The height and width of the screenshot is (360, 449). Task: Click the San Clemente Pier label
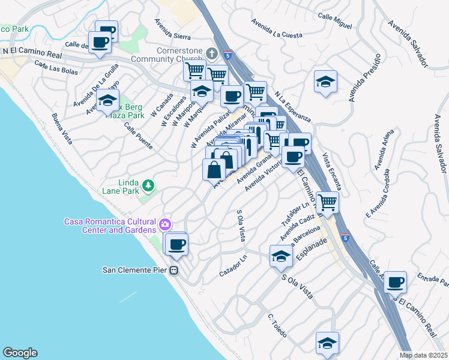tap(136, 269)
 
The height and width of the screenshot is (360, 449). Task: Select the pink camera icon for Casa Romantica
tap(164, 226)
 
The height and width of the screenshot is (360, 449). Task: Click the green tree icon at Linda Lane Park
tap(148, 188)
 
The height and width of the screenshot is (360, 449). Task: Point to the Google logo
tap(20, 353)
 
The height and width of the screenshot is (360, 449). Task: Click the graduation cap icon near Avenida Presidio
tap(325, 83)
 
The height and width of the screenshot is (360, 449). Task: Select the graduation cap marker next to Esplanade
tap(281, 256)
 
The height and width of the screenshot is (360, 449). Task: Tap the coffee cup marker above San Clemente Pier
tap(176, 244)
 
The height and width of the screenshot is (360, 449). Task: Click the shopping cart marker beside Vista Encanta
tap(328, 202)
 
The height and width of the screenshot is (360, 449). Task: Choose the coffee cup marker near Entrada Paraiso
tap(395, 281)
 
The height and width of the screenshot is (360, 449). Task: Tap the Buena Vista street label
tap(62, 129)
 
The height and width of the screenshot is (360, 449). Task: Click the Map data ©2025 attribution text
tap(424, 355)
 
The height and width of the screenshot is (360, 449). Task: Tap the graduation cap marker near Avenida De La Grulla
tap(108, 101)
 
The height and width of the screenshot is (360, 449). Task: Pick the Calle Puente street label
tap(138, 136)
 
